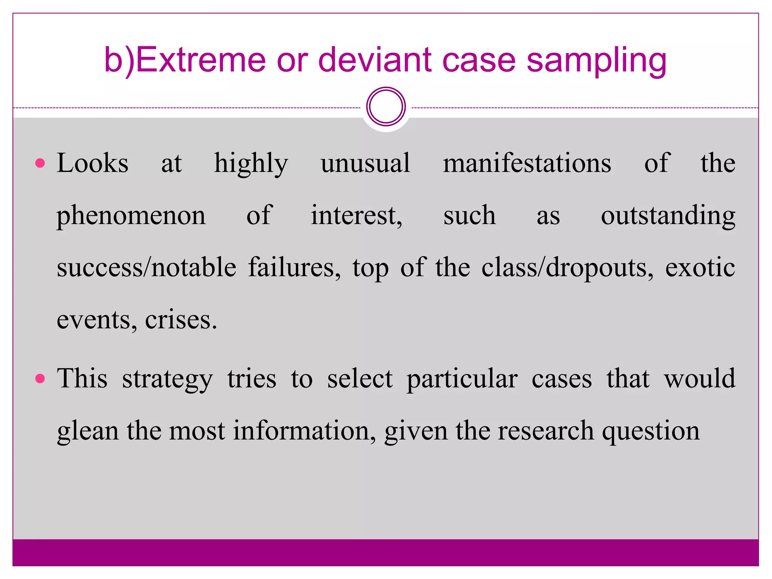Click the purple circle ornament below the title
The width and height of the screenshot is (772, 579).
point(386,107)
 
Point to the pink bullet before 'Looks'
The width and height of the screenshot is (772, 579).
point(40,163)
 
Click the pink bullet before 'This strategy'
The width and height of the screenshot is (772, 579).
point(40,378)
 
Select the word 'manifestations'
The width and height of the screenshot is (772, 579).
point(527,164)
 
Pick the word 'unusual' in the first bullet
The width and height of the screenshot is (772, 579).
point(365,164)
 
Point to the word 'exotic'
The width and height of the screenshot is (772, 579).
point(700,268)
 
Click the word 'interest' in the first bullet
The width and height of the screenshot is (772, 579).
point(356,216)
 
